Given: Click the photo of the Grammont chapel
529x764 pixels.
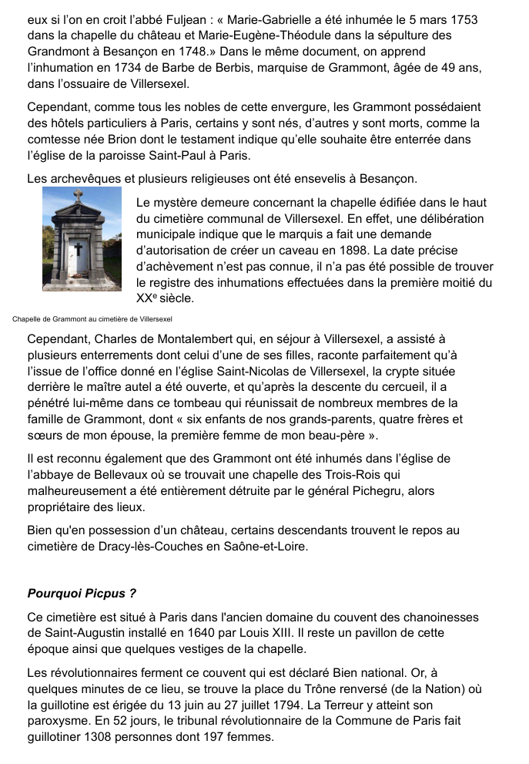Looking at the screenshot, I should (x=82, y=239).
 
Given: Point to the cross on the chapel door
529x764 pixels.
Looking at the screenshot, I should (x=78, y=249).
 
